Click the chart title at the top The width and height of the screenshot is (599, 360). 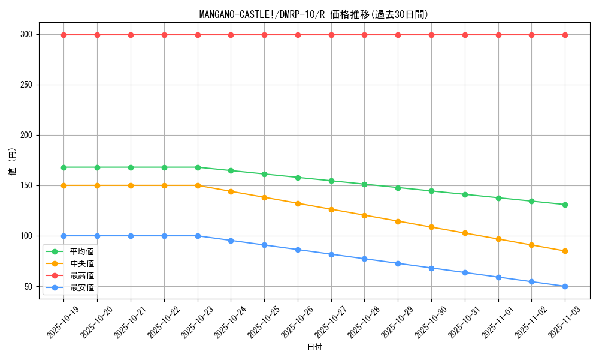(x=314, y=14)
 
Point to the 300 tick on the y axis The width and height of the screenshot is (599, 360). (x=26, y=35)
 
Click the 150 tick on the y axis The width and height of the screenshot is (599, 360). (x=26, y=185)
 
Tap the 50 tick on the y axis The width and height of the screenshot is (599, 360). (x=29, y=286)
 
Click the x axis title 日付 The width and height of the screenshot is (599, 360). (x=314, y=347)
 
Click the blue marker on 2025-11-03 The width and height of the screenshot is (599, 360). (x=565, y=286)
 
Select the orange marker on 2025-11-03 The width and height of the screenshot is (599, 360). (x=565, y=251)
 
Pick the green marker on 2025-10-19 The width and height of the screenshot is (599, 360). (x=64, y=167)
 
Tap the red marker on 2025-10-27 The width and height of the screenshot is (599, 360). (x=331, y=35)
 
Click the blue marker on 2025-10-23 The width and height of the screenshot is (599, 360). (x=198, y=236)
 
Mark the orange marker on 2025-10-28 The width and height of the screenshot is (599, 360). (x=364, y=215)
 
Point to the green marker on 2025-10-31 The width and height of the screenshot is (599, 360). (x=465, y=194)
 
